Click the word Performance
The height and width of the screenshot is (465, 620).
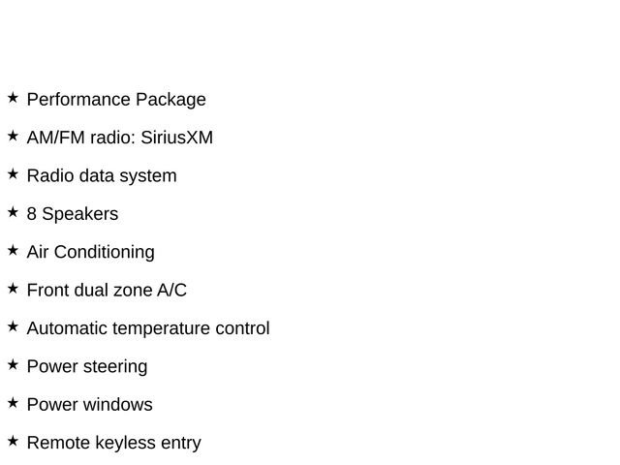point(78,99)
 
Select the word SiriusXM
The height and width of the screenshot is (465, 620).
point(176,138)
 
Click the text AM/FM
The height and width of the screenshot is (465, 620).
point(56,138)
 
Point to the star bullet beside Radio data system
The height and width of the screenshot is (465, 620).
point(13,174)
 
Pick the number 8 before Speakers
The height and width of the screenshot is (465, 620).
point(32,214)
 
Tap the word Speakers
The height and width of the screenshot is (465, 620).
point(80,214)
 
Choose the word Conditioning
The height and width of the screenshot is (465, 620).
point(104,253)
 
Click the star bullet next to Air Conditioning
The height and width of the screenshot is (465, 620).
point(13,250)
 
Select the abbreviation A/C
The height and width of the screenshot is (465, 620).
point(171,291)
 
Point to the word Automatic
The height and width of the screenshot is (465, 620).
point(67,328)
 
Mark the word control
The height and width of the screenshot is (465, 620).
point(242,328)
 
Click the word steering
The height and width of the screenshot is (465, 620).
point(115,367)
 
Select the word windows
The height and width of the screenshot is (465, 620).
point(118,405)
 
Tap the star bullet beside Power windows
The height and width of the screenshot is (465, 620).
point(13,403)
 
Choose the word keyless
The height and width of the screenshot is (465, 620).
point(125,444)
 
